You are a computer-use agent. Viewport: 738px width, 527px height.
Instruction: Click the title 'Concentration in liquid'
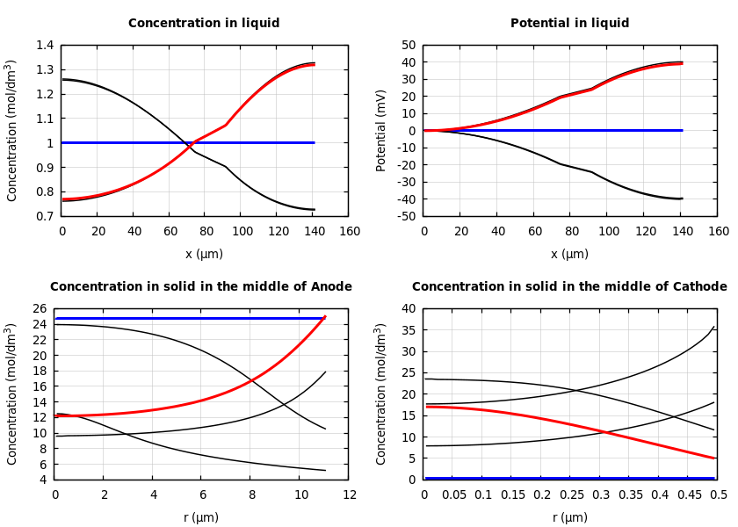tap(204, 24)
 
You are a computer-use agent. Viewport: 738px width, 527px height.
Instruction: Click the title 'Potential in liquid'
tap(569, 24)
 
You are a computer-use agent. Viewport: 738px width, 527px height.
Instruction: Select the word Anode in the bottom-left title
tap(333, 287)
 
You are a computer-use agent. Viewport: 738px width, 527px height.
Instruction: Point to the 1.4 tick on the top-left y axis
tap(45, 45)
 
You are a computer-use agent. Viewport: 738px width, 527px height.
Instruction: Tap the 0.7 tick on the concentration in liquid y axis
tap(45, 216)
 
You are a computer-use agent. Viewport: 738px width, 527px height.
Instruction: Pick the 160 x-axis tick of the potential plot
tap(719, 231)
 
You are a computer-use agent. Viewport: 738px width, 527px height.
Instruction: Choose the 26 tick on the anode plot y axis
tap(40, 308)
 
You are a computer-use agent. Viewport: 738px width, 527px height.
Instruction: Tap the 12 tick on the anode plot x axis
tap(350, 495)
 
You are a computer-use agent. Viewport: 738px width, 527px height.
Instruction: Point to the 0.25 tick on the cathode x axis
tap(571, 495)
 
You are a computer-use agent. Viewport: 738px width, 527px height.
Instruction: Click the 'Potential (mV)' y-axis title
tap(381, 130)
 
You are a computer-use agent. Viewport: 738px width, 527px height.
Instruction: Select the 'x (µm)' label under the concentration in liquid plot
tap(204, 255)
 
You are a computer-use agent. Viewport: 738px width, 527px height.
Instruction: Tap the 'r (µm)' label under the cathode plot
tap(571, 517)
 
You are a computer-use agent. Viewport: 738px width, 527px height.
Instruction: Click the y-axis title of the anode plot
tap(12, 393)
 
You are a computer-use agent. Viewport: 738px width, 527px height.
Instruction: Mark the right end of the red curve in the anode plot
tap(325, 316)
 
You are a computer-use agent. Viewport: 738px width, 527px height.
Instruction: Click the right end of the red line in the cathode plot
tap(715, 458)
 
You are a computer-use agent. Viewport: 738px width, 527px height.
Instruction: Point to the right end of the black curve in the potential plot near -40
tap(683, 199)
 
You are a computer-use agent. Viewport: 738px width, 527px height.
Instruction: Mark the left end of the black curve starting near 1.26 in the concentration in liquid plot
tap(62, 79)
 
